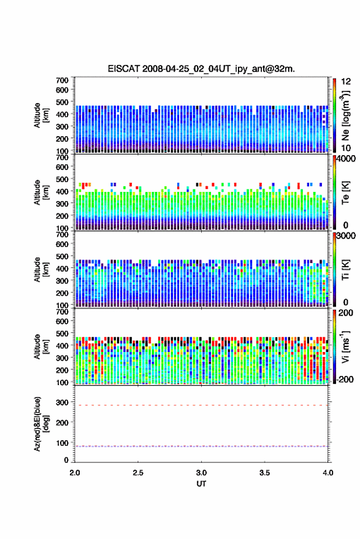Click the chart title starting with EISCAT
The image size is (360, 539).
[201, 69]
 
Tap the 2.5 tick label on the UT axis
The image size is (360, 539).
[138, 473]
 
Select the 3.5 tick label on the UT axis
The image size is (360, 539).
[264, 473]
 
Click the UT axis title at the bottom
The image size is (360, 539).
[201, 484]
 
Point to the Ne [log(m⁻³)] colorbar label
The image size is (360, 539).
[345, 115]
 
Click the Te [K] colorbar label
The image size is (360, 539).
[345, 193]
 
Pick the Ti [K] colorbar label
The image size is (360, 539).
[345, 270]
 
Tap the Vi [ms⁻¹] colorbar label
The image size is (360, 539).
[345, 346]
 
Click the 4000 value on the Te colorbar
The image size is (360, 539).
[346, 159]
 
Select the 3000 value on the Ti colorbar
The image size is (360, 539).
[346, 236]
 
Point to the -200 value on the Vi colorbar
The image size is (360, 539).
[345, 379]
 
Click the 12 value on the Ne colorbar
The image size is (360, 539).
[347, 82]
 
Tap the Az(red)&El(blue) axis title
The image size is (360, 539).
[41, 424]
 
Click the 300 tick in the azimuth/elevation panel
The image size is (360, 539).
[62, 402]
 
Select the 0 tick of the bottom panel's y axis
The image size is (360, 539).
[66, 460]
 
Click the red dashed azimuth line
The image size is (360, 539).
[201, 405]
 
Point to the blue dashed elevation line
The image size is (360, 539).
[201, 446]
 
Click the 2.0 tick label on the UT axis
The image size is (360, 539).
[75, 473]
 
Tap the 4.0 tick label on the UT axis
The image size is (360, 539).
[328, 473]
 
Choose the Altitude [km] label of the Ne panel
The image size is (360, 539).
[41, 115]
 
